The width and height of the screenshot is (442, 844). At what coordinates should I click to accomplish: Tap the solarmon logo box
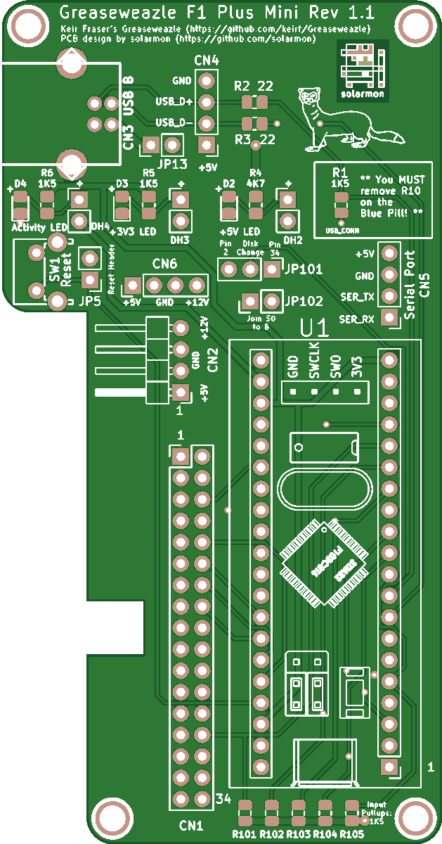pos(362,70)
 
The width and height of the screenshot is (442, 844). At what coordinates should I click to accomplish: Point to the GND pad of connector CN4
pos(206,80)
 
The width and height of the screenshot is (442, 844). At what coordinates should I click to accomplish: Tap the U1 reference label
pos(313,328)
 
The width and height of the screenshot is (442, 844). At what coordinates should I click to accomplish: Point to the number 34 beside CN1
pos(223,799)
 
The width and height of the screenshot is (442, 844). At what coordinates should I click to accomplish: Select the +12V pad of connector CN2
pos(181,328)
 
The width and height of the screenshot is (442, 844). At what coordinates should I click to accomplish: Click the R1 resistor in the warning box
pos(341,204)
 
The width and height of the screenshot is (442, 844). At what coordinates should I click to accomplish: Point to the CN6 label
pos(164,264)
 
